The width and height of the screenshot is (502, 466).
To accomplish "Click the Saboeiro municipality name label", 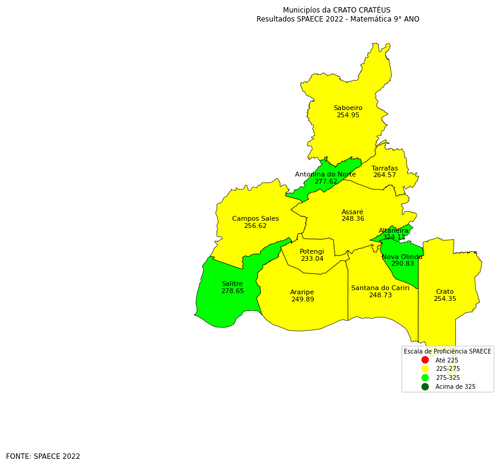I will click(x=348, y=108).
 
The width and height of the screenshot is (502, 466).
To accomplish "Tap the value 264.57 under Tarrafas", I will click(x=384, y=175).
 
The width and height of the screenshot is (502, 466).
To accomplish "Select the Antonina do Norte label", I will click(x=325, y=175).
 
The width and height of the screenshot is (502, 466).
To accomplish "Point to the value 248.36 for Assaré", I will click(x=352, y=219).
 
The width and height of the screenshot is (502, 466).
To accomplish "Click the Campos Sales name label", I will click(x=255, y=219).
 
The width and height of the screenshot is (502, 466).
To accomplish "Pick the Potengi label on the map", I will click(x=312, y=252).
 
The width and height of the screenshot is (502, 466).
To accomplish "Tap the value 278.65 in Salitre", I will click(x=232, y=291).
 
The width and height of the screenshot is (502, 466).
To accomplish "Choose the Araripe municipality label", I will click(x=302, y=293).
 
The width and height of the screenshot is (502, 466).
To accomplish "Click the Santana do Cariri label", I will click(x=380, y=288).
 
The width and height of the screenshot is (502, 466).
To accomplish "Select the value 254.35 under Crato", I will click(x=445, y=299).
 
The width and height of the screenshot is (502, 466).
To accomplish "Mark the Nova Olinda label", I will click(x=402, y=257).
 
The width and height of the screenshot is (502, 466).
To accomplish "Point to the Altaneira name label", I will click(x=394, y=231).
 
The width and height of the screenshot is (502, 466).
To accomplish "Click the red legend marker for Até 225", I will click(x=425, y=360).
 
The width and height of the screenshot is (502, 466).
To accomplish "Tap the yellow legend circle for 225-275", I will click(x=425, y=369).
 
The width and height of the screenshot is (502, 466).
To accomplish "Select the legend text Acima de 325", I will click(x=455, y=387).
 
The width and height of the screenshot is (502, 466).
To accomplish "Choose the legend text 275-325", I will click(x=448, y=378).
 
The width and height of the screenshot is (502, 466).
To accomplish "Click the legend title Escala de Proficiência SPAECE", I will click(x=447, y=352).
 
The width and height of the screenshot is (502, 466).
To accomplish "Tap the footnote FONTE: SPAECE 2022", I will click(x=43, y=456).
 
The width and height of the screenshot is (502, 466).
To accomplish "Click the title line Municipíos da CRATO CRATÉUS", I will click(x=336, y=10).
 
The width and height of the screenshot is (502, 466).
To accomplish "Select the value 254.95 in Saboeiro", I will click(x=348, y=115).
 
